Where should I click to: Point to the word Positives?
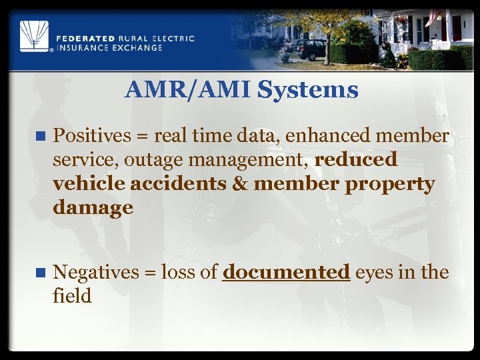point(93,136)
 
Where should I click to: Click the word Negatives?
point(95,272)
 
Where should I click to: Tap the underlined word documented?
point(286,272)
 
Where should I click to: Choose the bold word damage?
point(93,208)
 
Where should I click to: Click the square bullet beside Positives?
point(40,137)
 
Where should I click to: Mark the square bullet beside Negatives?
point(40,273)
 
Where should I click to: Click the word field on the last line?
point(72,296)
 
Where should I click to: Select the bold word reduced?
point(355,160)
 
